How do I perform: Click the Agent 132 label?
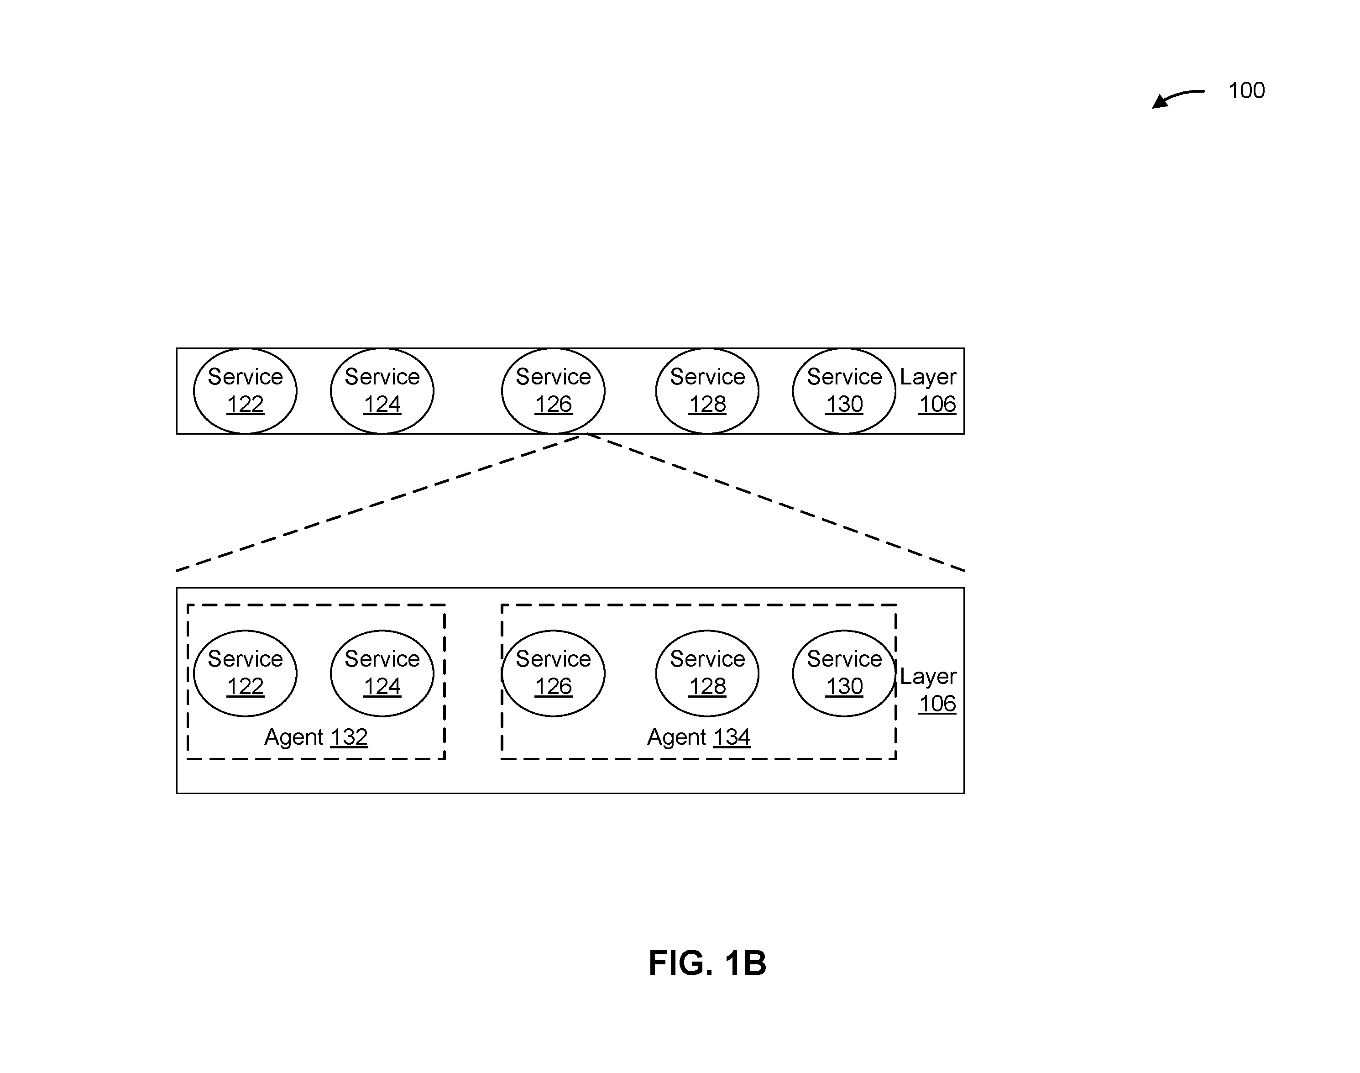click(316, 737)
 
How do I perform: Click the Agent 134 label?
click(699, 737)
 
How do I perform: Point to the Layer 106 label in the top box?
click(928, 390)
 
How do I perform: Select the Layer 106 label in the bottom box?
click(928, 690)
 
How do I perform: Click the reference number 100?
click(1246, 90)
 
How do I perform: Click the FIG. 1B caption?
click(707, 963)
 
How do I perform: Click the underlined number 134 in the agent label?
click(732, 737)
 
